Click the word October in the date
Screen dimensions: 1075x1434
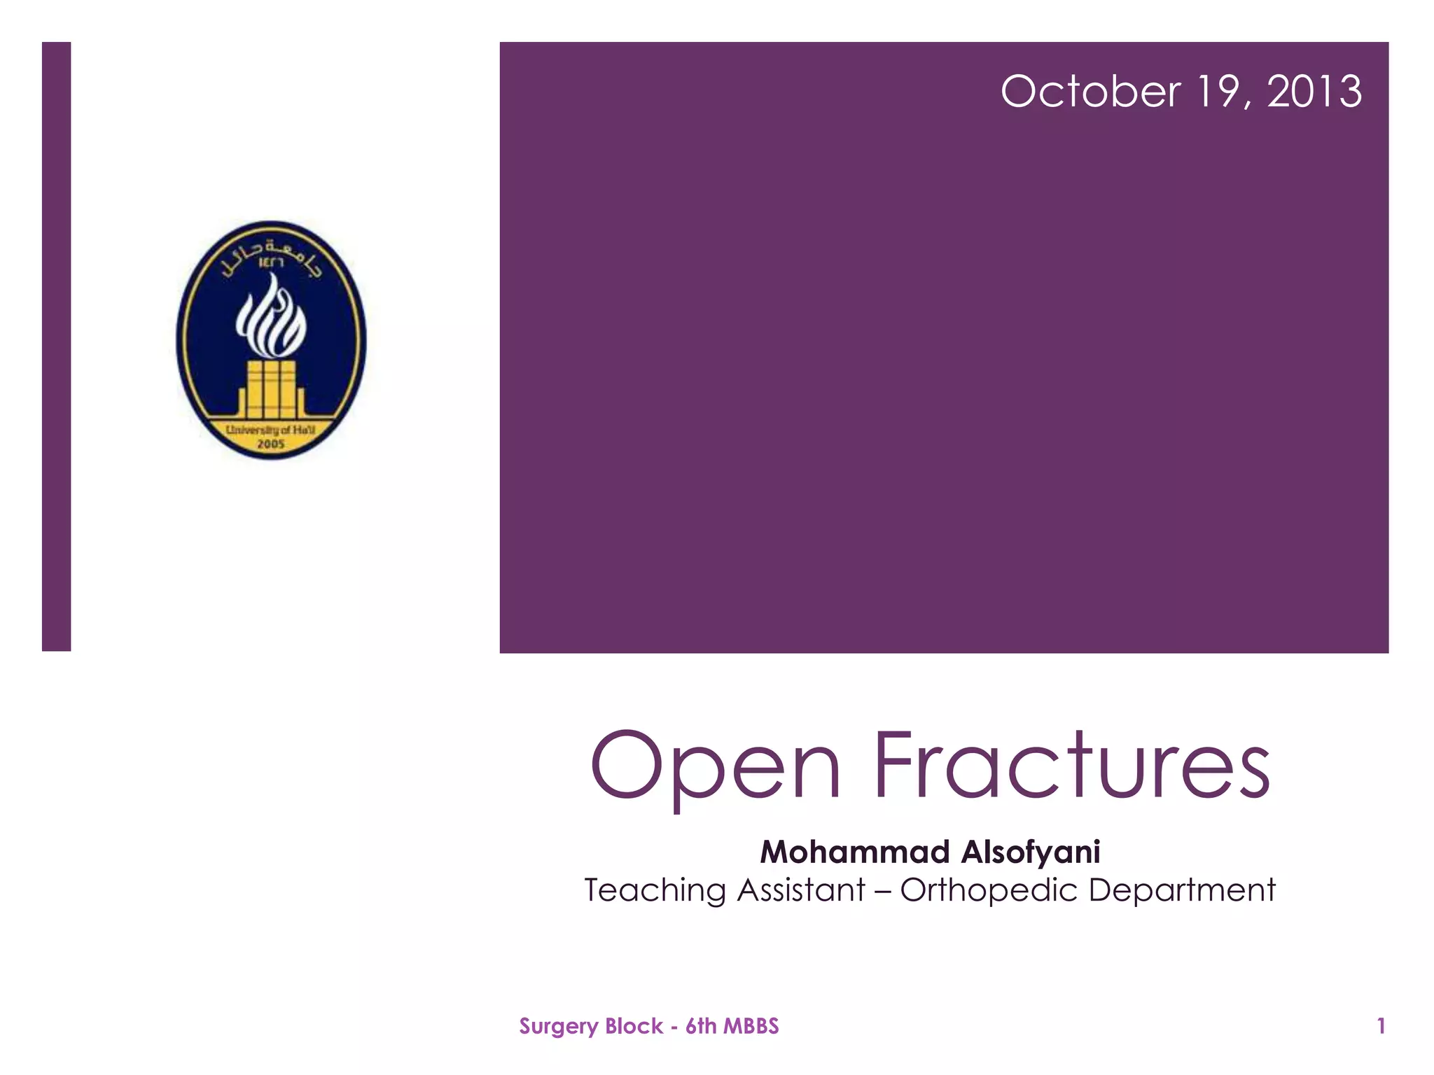click(1090, 92)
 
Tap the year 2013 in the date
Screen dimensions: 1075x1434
click(1314, 92)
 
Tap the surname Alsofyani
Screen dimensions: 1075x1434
click(1031, 852)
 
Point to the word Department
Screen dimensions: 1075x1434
click(1182, 891)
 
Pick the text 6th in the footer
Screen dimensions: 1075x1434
click(701, 1026)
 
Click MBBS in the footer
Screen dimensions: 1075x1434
click(751, 1026)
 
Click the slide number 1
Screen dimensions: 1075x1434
click(1381, 1026)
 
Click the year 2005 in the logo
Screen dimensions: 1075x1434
click(271, 444)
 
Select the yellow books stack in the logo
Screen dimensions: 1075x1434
click(270, 389)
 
